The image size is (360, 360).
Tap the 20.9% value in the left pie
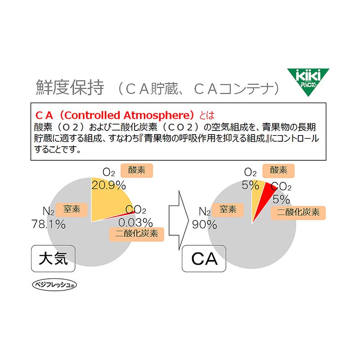coord(108,185)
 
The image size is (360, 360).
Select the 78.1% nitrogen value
coord(49,224)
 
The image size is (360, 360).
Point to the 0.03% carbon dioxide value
coord(135,222)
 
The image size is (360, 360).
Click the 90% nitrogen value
coord(204,224)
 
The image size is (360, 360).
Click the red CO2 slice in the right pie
coord(264,198)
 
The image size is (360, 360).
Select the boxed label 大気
coord(53,258)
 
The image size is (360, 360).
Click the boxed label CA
coord(204,259)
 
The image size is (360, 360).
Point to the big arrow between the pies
coord(179,220)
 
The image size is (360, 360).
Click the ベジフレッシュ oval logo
coord(54,285)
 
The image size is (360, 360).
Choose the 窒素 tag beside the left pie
coord(72,209)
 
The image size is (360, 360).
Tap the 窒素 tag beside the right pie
coord(228,210)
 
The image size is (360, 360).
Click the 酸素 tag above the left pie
coord(137,171)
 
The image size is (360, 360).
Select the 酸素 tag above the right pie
coord(279,171)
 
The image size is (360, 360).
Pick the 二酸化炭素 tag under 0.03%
coord(137,234)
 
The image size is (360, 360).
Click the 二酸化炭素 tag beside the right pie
coord(298,212)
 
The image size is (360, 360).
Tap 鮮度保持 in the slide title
coord(70,87)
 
